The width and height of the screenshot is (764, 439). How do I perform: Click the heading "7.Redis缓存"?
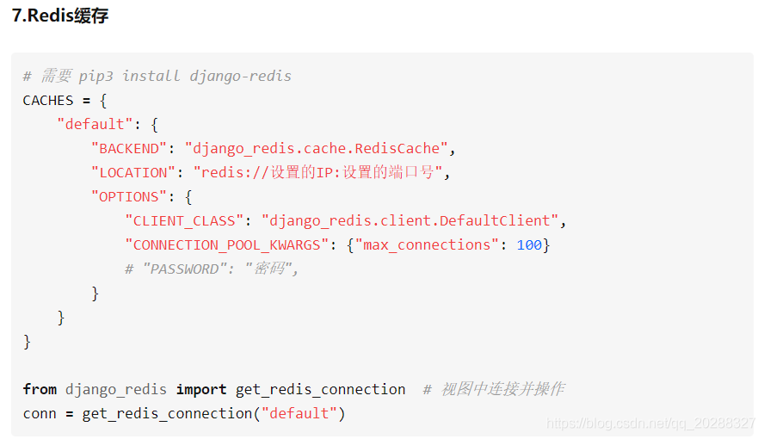pos(60,15)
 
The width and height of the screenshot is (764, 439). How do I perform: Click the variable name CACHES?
pos(48,101)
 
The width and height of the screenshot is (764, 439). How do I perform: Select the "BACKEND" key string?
pos(129,148)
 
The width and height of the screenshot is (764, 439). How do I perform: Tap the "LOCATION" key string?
pos(133,172)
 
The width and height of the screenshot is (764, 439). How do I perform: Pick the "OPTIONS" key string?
pos(129,197)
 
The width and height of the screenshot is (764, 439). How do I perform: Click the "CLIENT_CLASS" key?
pos(184,220)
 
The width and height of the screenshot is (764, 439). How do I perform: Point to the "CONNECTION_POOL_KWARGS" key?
pos(226,245)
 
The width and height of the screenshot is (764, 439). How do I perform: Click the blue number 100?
pos(529,245)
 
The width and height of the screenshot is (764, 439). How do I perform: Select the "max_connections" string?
pos(427,245)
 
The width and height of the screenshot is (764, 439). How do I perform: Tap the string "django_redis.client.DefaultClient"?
pos(410,220)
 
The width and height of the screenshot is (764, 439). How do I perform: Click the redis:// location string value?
pos(317,172)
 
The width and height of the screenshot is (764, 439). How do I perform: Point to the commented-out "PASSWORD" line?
pos(212,269)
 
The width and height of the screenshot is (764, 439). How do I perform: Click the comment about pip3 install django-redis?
pos(157,76)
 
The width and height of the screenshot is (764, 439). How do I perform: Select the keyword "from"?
pos(40,389)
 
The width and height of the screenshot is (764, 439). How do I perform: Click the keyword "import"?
pos(201,389)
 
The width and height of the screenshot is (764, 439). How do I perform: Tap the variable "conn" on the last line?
pos(40,414)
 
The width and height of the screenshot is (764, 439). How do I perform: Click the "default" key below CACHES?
pos(95,124)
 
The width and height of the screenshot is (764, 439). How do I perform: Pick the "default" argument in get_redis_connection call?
pos(299,414)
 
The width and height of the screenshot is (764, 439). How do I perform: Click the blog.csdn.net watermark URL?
pos(650,423)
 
